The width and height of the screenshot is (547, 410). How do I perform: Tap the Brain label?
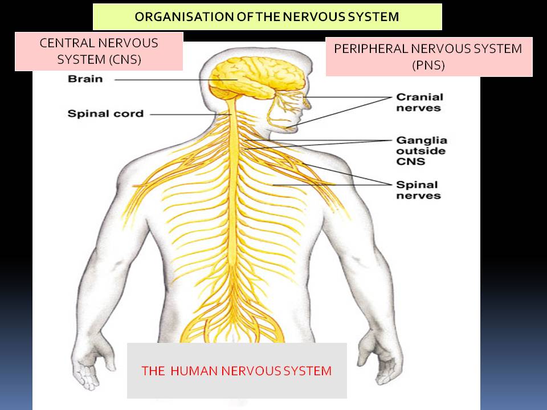(85, 79)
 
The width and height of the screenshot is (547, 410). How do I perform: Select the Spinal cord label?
(105, 114)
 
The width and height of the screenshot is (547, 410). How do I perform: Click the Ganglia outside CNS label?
(422, 151)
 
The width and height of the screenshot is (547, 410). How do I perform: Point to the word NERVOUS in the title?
(310, 17)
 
